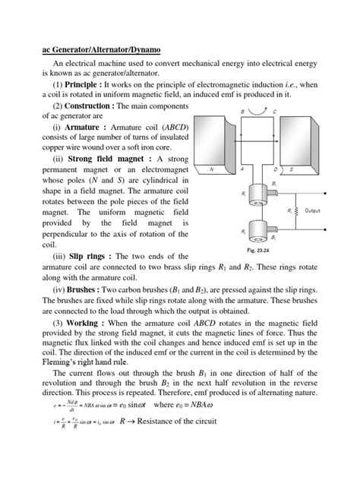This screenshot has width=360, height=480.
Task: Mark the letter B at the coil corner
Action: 242,112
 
